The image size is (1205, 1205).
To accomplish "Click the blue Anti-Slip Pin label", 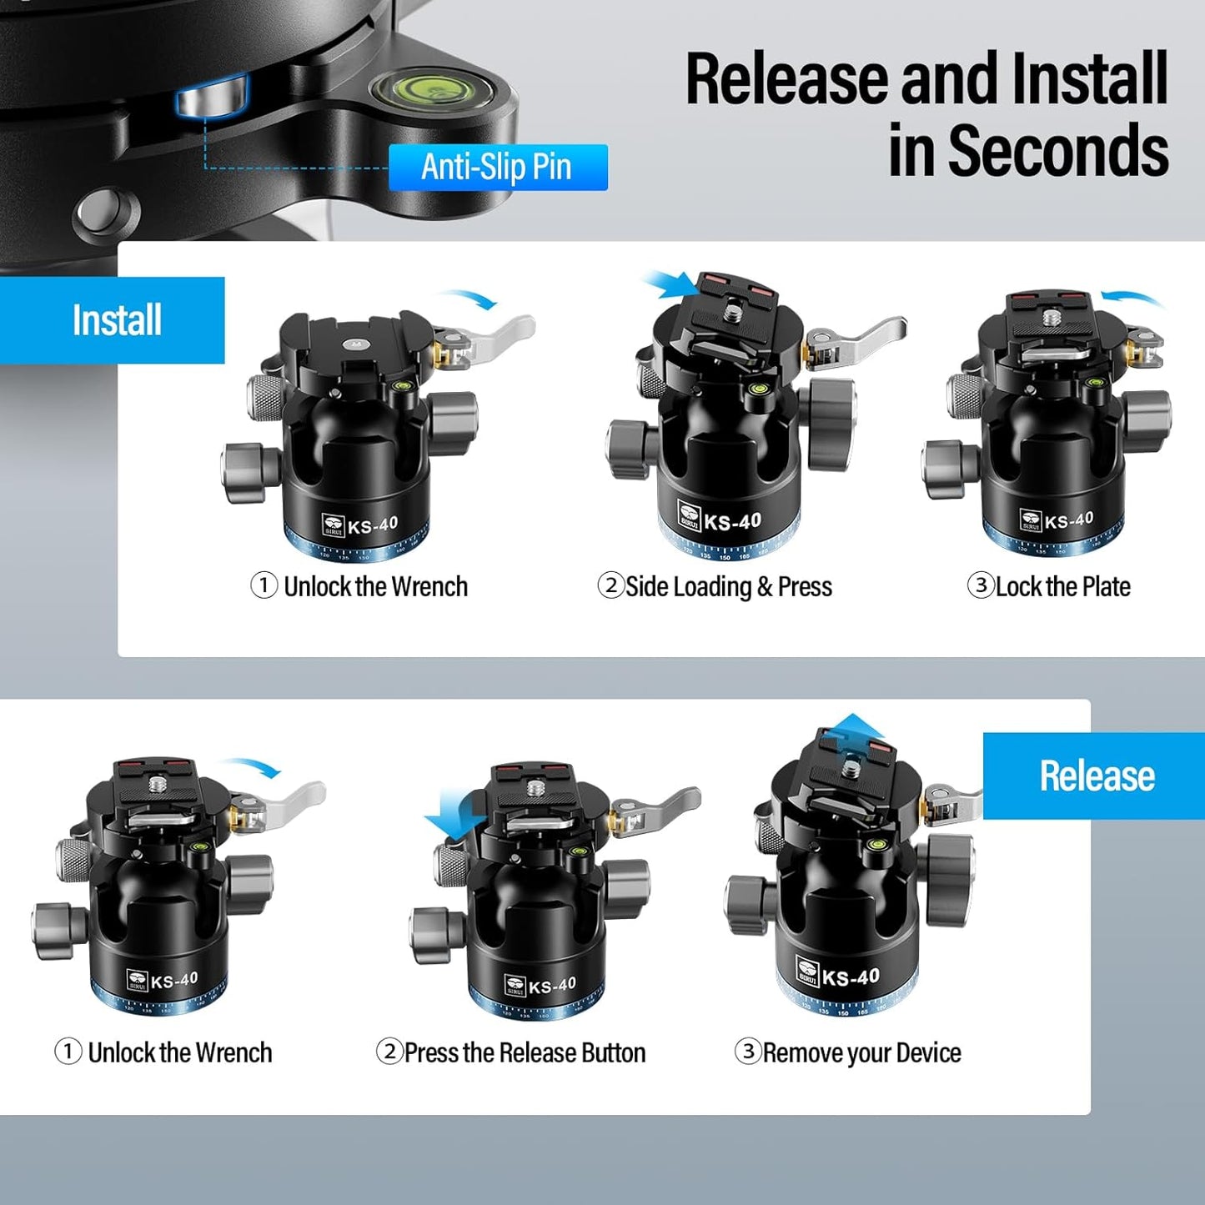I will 497,167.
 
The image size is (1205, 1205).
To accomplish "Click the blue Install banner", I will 116,320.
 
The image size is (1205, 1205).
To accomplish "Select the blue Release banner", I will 1096,776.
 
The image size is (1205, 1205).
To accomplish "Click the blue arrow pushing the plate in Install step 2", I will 672,284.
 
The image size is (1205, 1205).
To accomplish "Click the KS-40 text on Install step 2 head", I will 732,522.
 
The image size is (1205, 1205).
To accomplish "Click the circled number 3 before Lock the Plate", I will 981,585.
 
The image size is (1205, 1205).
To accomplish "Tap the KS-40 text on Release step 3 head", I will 851,977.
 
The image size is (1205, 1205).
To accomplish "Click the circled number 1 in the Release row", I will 68,1051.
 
